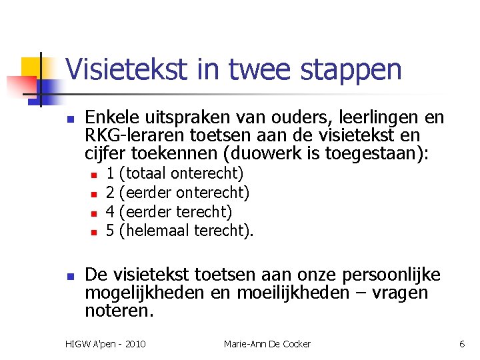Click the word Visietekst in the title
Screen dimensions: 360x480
pos(122,69)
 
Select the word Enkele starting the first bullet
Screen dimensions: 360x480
pos(111,118)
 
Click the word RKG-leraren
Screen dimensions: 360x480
pos(126,136)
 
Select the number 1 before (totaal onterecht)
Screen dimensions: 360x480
pos(110,174)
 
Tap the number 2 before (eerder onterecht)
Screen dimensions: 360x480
pos(110,193)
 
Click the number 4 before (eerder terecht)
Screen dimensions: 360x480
pos(110,212)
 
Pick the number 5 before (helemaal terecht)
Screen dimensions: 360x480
pos(110,231)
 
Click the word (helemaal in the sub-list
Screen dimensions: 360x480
pos(153,231)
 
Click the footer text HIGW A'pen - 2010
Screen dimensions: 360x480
pos(106,344)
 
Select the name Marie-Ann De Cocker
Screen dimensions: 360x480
pos(267,344)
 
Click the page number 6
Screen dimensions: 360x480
pos(462,344)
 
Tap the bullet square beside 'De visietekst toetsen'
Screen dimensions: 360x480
pos(69,275)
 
